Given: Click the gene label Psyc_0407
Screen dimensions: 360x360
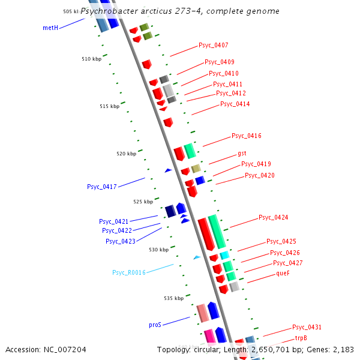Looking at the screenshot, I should (213, 46).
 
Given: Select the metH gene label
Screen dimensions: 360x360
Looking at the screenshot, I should (50, 28).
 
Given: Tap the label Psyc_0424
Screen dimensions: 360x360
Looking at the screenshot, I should (273, 217).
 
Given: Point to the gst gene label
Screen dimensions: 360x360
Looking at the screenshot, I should (242, 154).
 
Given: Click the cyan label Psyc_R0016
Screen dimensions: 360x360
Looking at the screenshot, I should (129, 272).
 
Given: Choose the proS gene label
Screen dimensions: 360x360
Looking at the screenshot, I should (155, 325).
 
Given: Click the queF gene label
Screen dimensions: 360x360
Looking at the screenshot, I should (283, 273).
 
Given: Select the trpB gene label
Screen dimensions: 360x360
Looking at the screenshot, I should (301, 338).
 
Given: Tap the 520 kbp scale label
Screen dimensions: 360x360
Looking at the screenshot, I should (126, 154).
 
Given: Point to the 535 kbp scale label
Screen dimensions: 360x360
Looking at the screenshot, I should (173, 298).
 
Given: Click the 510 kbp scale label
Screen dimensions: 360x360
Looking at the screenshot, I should (92, 59).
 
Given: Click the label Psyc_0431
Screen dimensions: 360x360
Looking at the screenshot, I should (307, 328).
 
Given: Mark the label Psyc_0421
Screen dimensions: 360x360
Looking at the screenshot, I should (114, 221).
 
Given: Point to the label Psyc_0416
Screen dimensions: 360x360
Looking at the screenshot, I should (246, 136).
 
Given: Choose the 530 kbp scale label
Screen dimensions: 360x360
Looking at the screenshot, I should (142, 250).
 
